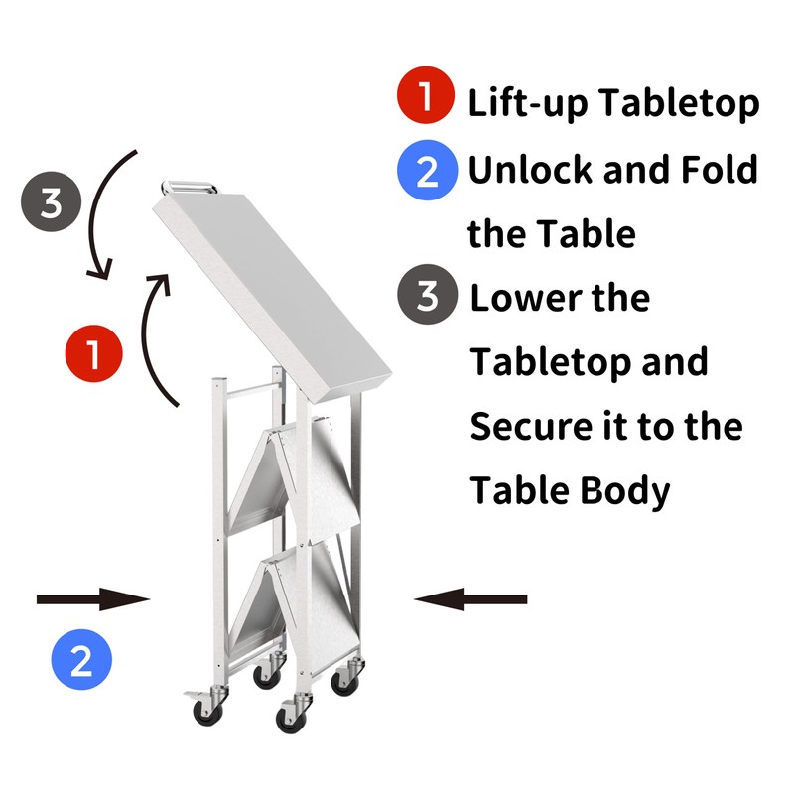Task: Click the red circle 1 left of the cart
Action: tap(92, 354)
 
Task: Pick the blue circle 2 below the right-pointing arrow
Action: tap(81, 660)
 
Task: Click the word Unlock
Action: tap(529, 170)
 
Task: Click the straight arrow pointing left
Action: tap(470, 598)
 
